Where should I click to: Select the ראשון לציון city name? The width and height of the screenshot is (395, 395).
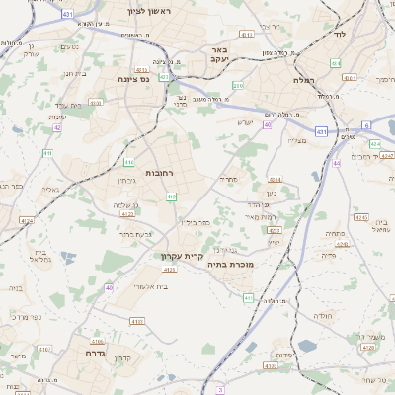pyautogui.click(x=149, y=11)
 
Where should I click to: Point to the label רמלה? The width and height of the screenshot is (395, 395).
pyautogui.click(x=302, y=80)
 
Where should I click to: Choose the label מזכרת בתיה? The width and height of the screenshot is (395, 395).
pyautogui.click(x=234, y=264)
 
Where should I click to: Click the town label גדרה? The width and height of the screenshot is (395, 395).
pyautogui.click(x=96, y=352)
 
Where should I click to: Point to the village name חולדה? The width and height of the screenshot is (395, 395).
pyautogui.click(x=322, y=315)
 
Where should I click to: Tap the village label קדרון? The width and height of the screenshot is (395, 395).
pyautogui.click(x=123, y=357)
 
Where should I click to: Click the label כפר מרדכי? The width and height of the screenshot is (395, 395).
pyautogui.click(x=27, y=318)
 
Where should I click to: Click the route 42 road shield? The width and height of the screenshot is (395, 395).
pyautogui.click(x=57, y=127)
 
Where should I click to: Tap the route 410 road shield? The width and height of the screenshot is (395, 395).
pyautogui.click(x=129, y=162)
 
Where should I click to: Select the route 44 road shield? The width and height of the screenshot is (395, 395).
pyautogui.click(x=337, y=163)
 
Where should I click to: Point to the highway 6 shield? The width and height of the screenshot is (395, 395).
pyautogui.click(x=366, y=125)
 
